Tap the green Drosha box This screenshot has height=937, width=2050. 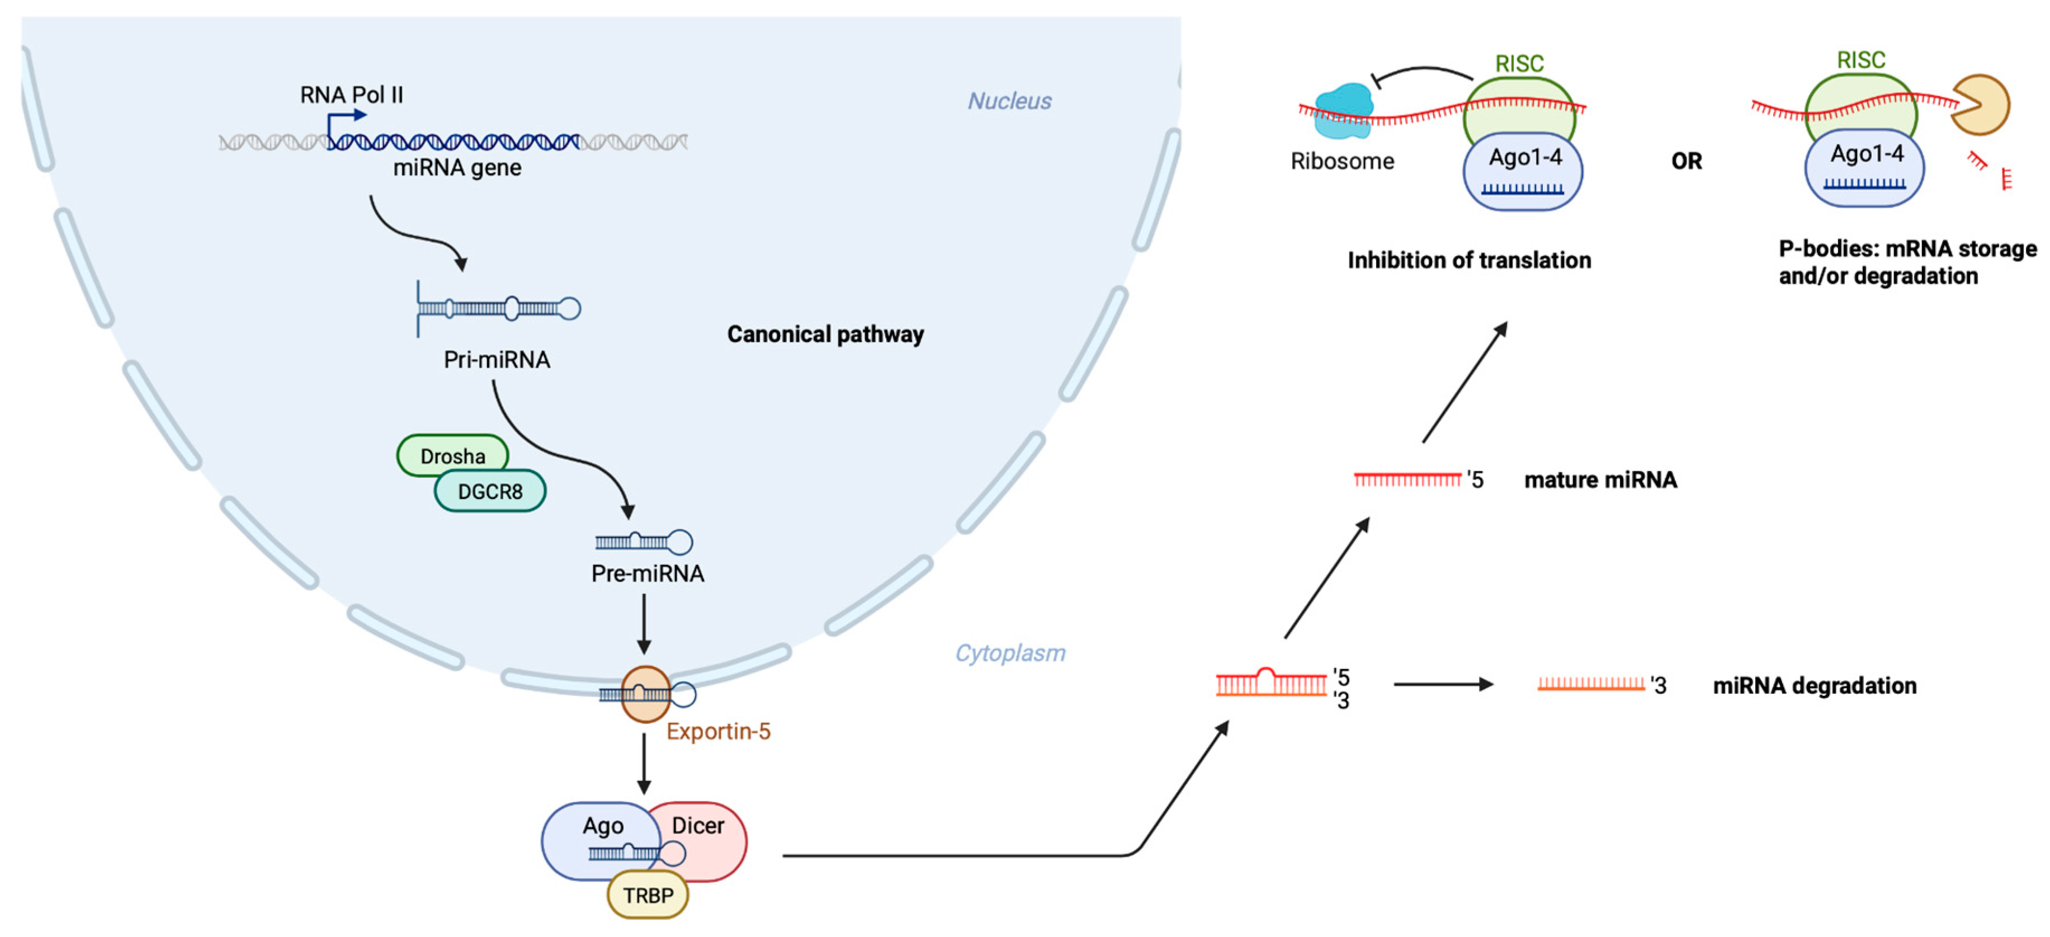pyautogui.click(x=452, y=455)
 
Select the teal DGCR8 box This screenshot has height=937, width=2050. pyautogui.click(x=489, y=491)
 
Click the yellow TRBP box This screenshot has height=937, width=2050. pyautogui.click(x=647, y=895)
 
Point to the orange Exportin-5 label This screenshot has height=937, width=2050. pyautogui.click(x=718, y=731)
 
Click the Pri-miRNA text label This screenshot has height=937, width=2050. pyautogui.click(x=497, y=360)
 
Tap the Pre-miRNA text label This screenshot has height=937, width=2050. pyautogui.click(x=647, y=573)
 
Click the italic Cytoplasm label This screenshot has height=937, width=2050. pyautogui.click(x=1009, y=653)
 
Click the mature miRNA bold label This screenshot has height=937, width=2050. pyautogui.click(x=1600, y=479)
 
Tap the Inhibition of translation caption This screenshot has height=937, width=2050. pyautogui.click(x=1468, y=260)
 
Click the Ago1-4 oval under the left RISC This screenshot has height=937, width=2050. pyautogui.click(x=1522, y=171)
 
